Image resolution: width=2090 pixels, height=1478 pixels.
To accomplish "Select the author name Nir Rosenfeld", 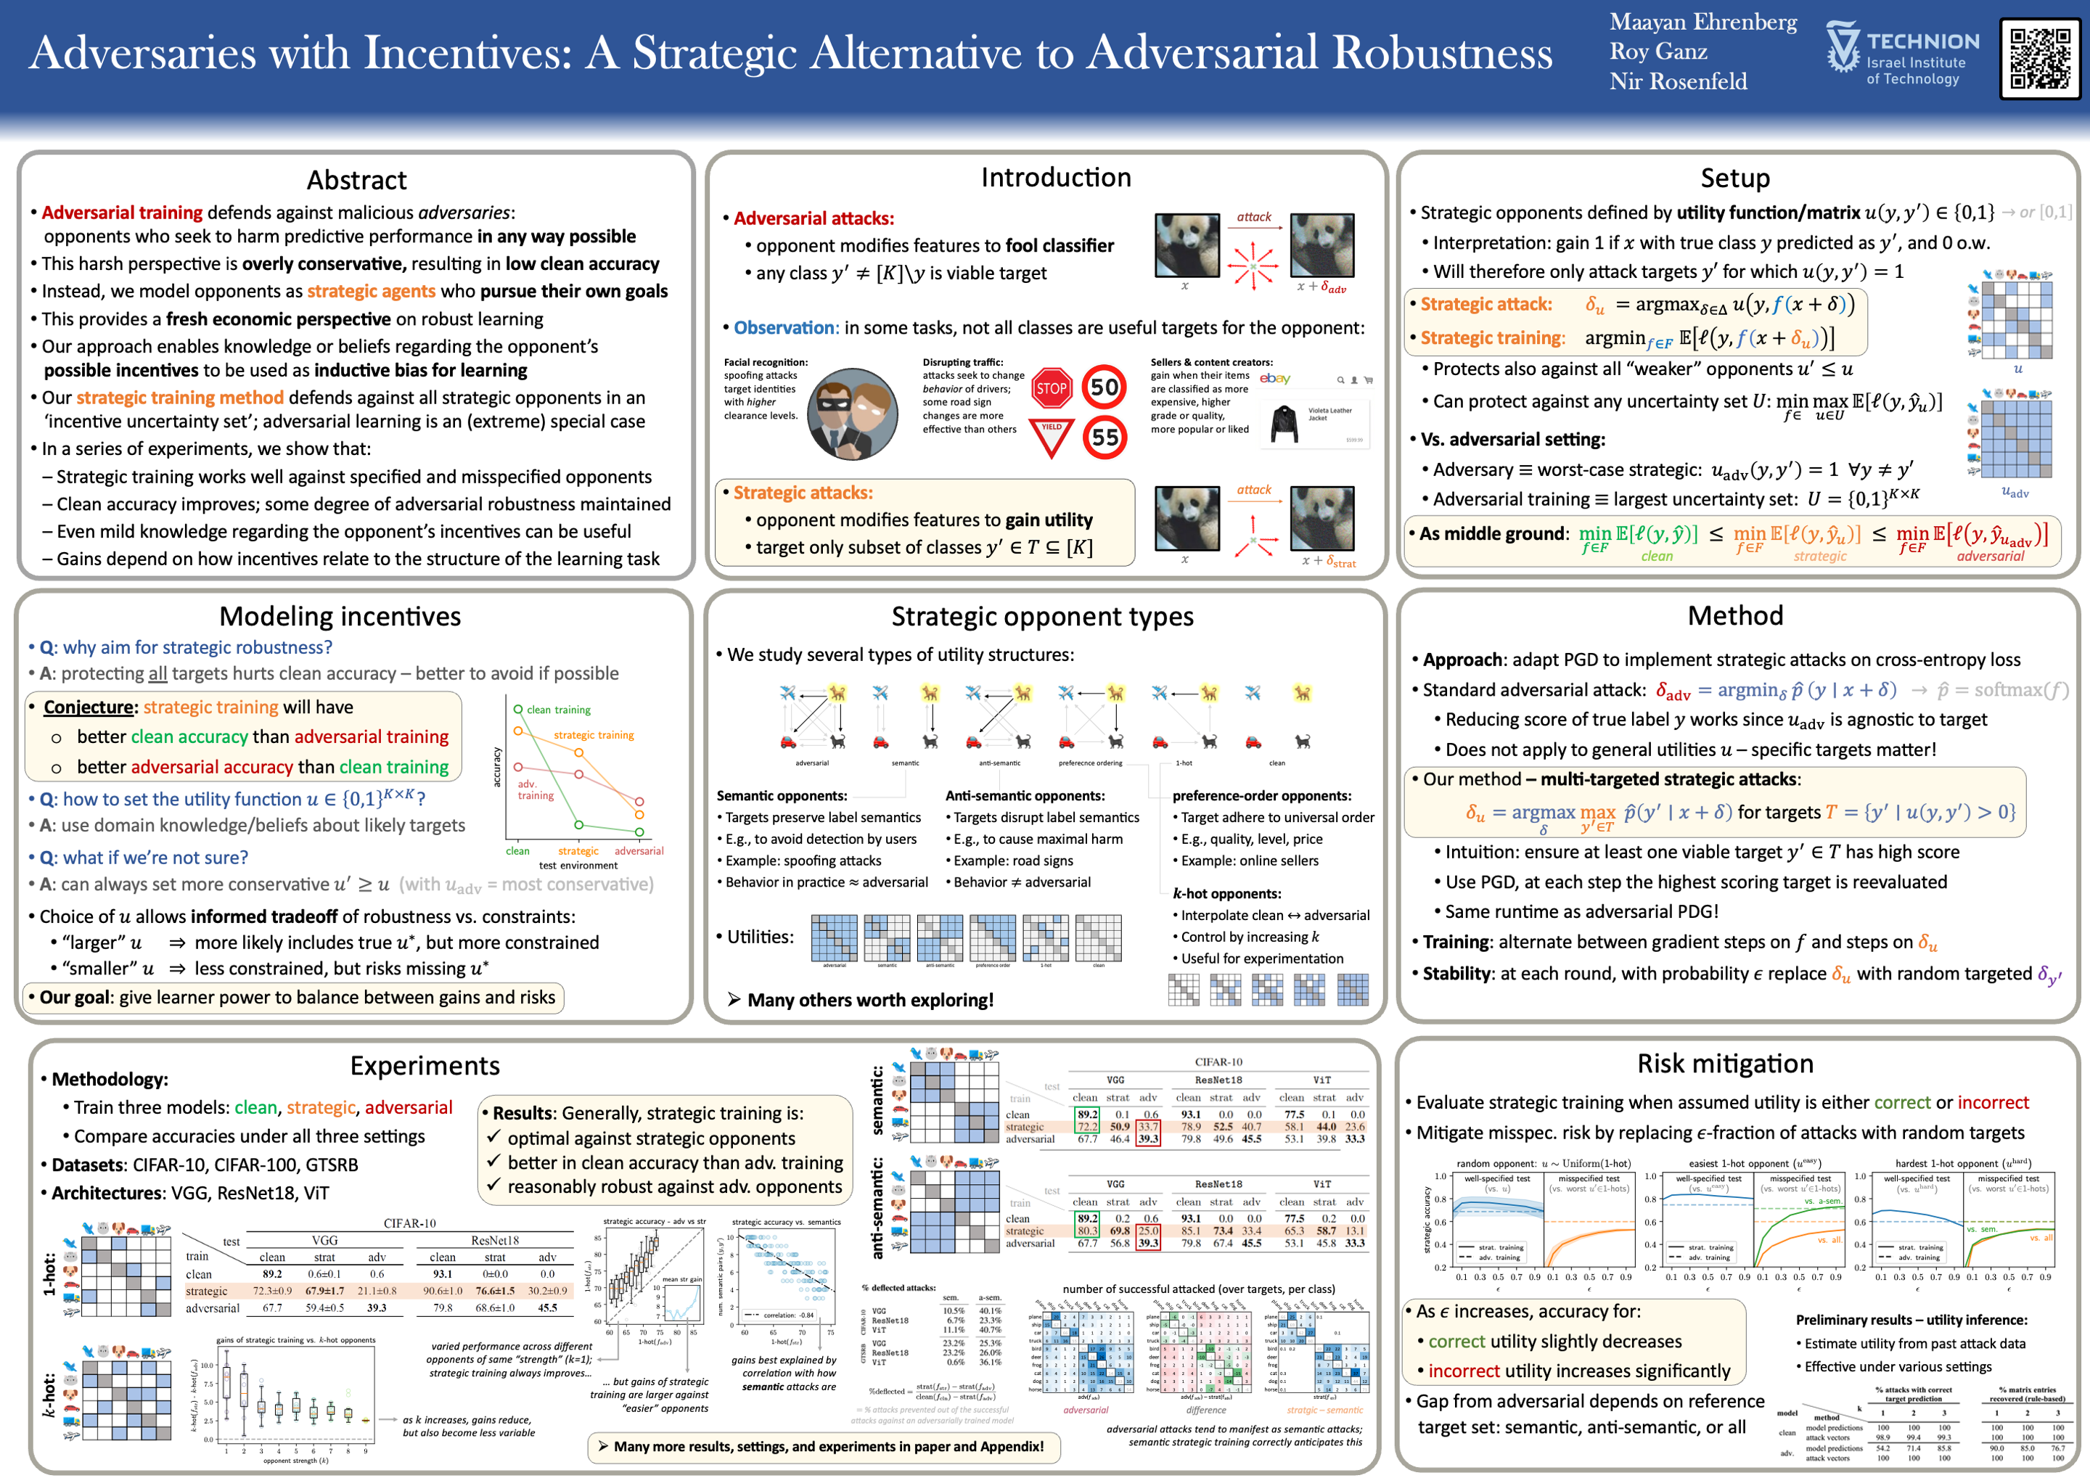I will click(1678, 82).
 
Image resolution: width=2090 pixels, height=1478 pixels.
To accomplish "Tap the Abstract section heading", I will click(357, 179).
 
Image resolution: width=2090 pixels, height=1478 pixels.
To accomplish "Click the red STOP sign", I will click(1052, 389).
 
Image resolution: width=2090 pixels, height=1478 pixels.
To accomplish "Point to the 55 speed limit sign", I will click(1105, 438).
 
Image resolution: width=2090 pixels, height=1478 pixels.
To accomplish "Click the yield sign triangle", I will click(1052, 436).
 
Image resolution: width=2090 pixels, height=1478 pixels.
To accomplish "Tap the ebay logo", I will click(1274, 379).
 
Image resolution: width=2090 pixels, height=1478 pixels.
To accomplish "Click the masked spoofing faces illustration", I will click(852, 413).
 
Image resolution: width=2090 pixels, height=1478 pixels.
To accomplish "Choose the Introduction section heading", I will click(1056, 178).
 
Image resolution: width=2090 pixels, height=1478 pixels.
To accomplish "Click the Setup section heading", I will click(1735, 178).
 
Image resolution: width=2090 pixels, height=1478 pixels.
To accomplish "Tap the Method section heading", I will click(1735, 616).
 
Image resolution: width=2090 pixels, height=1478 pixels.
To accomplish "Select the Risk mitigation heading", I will click(1725, 1064).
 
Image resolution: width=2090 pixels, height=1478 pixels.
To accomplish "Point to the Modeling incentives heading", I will click(340, 616).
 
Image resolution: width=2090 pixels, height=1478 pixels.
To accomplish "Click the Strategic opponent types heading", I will click(1042, 616).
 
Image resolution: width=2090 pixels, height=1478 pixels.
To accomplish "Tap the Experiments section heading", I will click(425, 1066).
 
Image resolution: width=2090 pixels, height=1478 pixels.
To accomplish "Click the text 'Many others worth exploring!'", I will click(869, 1000).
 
